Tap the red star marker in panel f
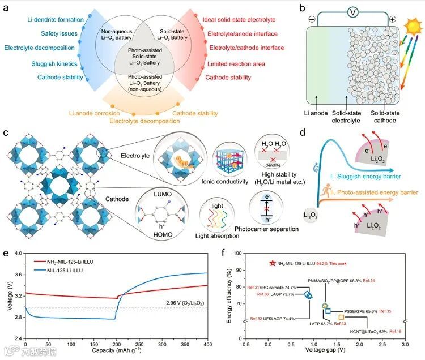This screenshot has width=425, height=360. click(x=273, y=263)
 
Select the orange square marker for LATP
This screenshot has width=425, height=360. click(x=341, y=318)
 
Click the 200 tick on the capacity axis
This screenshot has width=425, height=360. click(x=116, y=344)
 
